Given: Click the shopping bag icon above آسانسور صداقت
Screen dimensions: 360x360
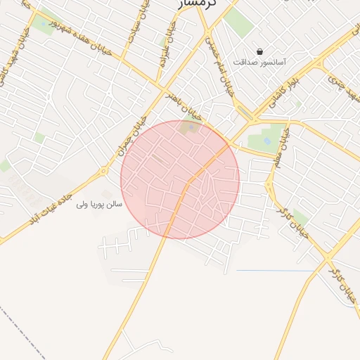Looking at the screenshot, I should tap(260, 51).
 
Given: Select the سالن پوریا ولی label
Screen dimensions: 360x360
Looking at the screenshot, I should tap(99, 204).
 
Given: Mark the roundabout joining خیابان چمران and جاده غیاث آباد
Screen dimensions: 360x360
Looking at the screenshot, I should tap(103, 171).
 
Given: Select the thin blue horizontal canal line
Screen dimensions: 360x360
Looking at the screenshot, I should tap(274, 271).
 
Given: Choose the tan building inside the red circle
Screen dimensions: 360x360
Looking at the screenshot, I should tap(188, 127).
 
